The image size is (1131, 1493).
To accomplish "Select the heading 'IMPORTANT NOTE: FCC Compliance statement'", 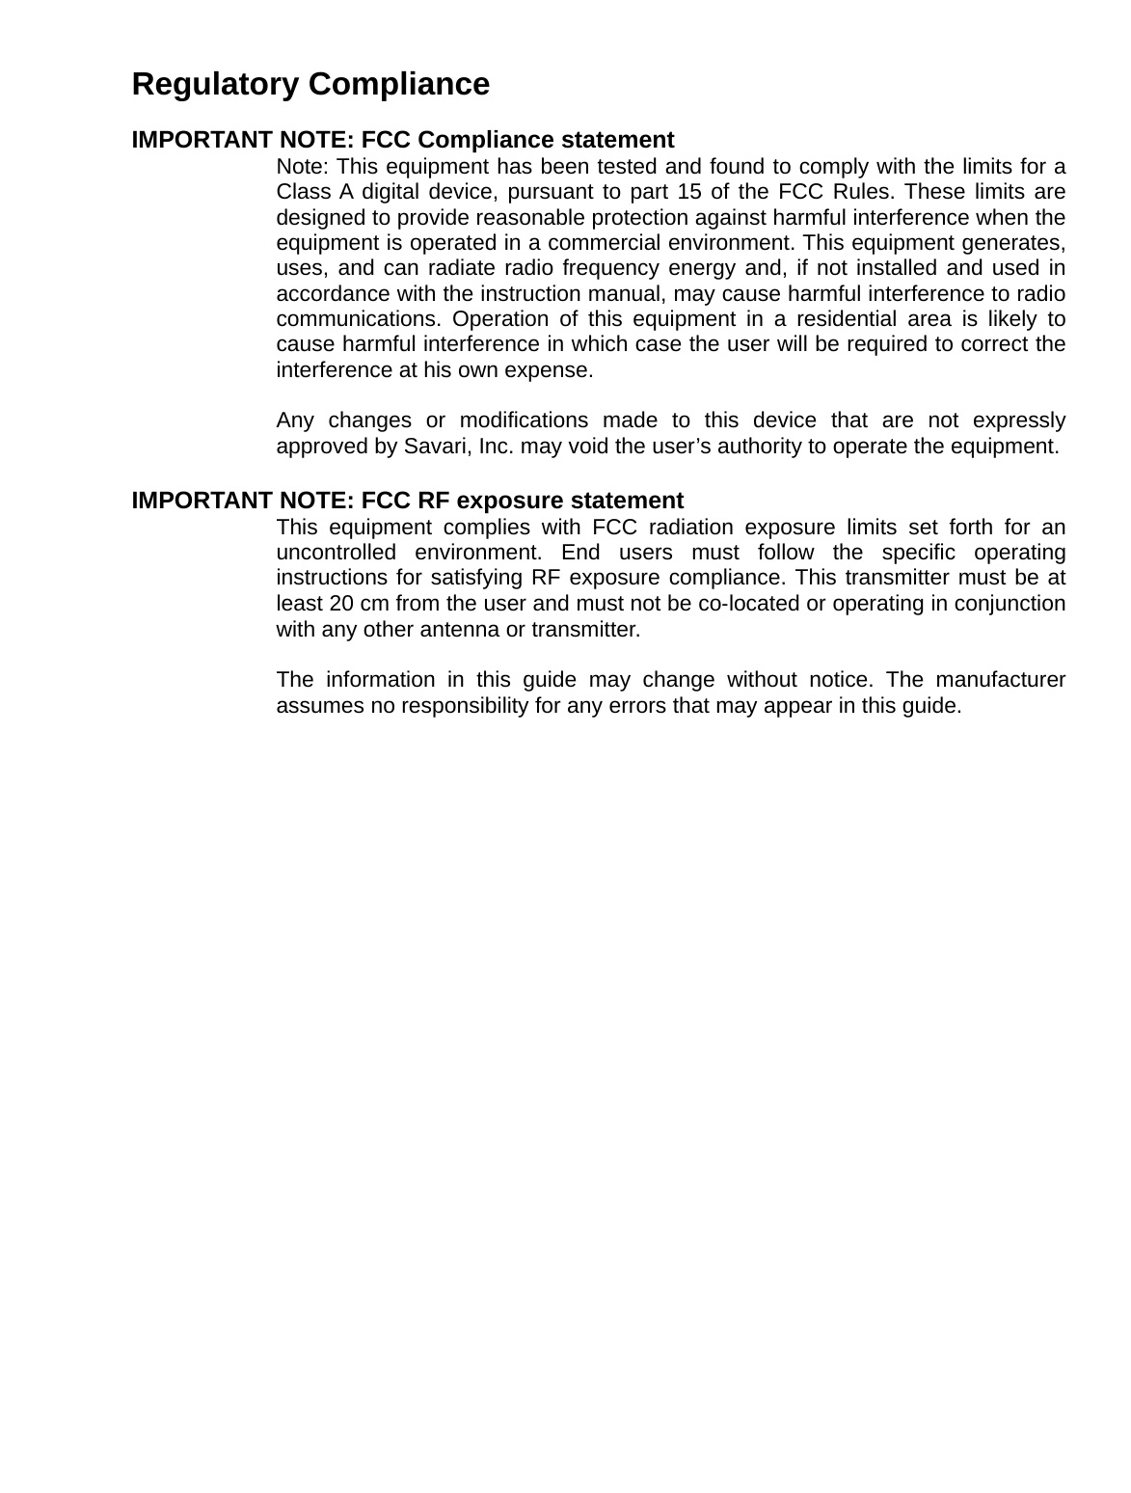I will click(x=402, y=139).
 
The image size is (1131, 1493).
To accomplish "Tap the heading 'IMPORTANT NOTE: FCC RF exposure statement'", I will click(x=407, y=501).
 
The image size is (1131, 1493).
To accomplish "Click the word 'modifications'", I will click(x=524, y=421).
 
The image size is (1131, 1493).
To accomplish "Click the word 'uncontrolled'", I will click(x=336, y=553).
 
